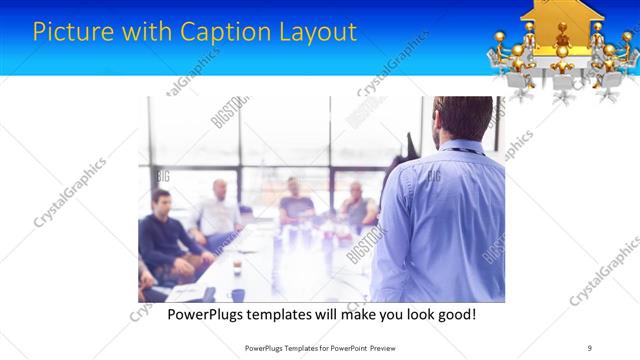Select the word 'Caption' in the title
(x=218, y=32)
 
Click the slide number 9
(x=590, y=347)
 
